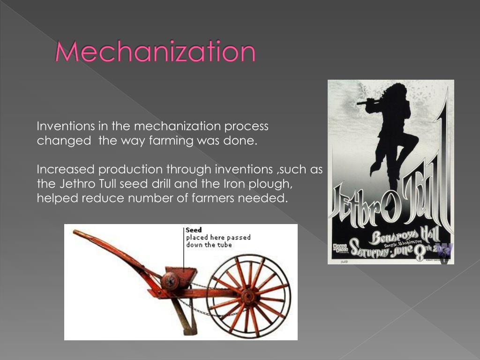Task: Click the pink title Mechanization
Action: click(155, 52)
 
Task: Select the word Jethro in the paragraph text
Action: click(73, 183)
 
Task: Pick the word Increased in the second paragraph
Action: click(66, 169)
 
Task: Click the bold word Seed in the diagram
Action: click(194, 230)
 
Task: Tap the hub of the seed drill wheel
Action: click(248, 297)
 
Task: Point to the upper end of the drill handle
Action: click(77, 232)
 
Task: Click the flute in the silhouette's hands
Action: click(367, 101)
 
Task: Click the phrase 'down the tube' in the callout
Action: click(209, 245)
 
